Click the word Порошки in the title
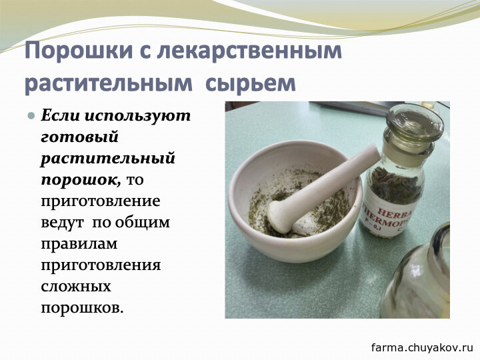[79, 51]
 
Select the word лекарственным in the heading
[249, 51]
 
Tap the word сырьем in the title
[251, 83]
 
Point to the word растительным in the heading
[109, 83]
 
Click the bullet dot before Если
[31, 116]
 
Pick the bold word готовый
[79, 137]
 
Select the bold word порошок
[81, 180]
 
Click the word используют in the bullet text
[137, 116]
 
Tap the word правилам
[79, 244]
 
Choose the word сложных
[76, 287]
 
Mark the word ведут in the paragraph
[62, 222]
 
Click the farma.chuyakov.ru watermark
[422, 347]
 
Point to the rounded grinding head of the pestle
[280, 216]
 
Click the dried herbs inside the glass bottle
[395, 184]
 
